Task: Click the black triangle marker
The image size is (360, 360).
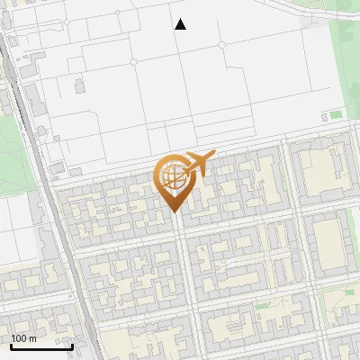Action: (x=180, y=24)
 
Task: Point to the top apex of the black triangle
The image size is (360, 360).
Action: (x=180, y=19)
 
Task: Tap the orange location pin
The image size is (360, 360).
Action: (x=174, y=180)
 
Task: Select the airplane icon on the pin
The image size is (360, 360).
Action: (x=199, y=165)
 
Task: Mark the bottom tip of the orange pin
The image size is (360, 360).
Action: (x=175, y=212)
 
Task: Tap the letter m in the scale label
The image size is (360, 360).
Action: (x=32, y=338)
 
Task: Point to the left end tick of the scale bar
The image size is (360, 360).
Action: (x=11, y=346)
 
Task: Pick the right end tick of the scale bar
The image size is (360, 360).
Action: (x=72, y=346)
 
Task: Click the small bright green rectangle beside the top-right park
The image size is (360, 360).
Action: (x=336, y=114)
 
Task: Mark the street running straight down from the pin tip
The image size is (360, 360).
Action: (x=180, y=288)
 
